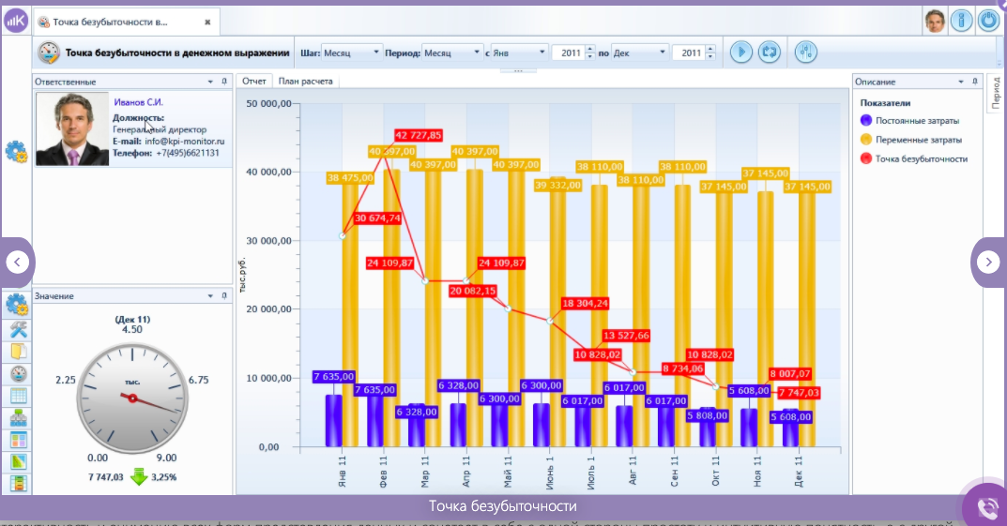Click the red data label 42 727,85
tap(419, 135)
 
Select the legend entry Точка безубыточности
tap(921, 158)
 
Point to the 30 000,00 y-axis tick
tap(267, 241)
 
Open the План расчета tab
tap(305, 82)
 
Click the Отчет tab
tap(254, 82)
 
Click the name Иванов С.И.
tap(139, 101)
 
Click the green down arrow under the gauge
tap(139, 477)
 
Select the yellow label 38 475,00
tap(348, 177)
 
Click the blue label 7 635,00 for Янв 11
tap(336, 377)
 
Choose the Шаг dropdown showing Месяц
tap(352, 53)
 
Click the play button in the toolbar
tap(740, 53)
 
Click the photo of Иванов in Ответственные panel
tap(72, 129)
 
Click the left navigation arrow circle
tap(19, 263)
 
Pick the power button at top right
tap(988, 20)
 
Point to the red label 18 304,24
tap(586, 303)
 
